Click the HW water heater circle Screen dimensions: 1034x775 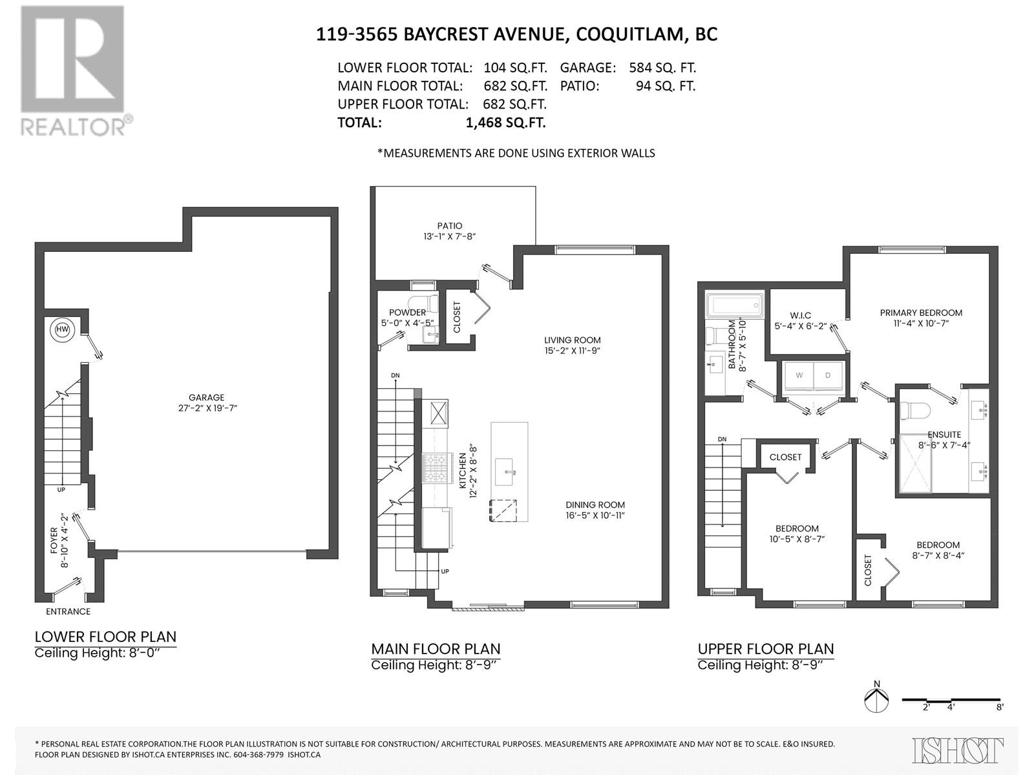tap(62, 330)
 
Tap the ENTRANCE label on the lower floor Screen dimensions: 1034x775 tap(68, 611)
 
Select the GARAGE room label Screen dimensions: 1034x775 tap(206, 397)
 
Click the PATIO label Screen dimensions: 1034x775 tap(449, 226)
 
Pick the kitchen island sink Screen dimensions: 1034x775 tap(504, 471)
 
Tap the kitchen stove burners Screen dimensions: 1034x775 tap(435, 468)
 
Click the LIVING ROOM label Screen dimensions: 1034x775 tap(573, 340)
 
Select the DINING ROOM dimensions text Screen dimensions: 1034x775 tap(595, 515)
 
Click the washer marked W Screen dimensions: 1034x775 tap(799, 375)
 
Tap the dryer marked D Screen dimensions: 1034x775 tap(828, 375)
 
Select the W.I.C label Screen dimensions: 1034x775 tap(800, 315)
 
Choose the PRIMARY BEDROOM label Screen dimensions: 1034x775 tap(921, 313)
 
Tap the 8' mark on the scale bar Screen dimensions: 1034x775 tap(999, 720)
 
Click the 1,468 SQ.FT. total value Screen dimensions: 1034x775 tap(505, 123)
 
